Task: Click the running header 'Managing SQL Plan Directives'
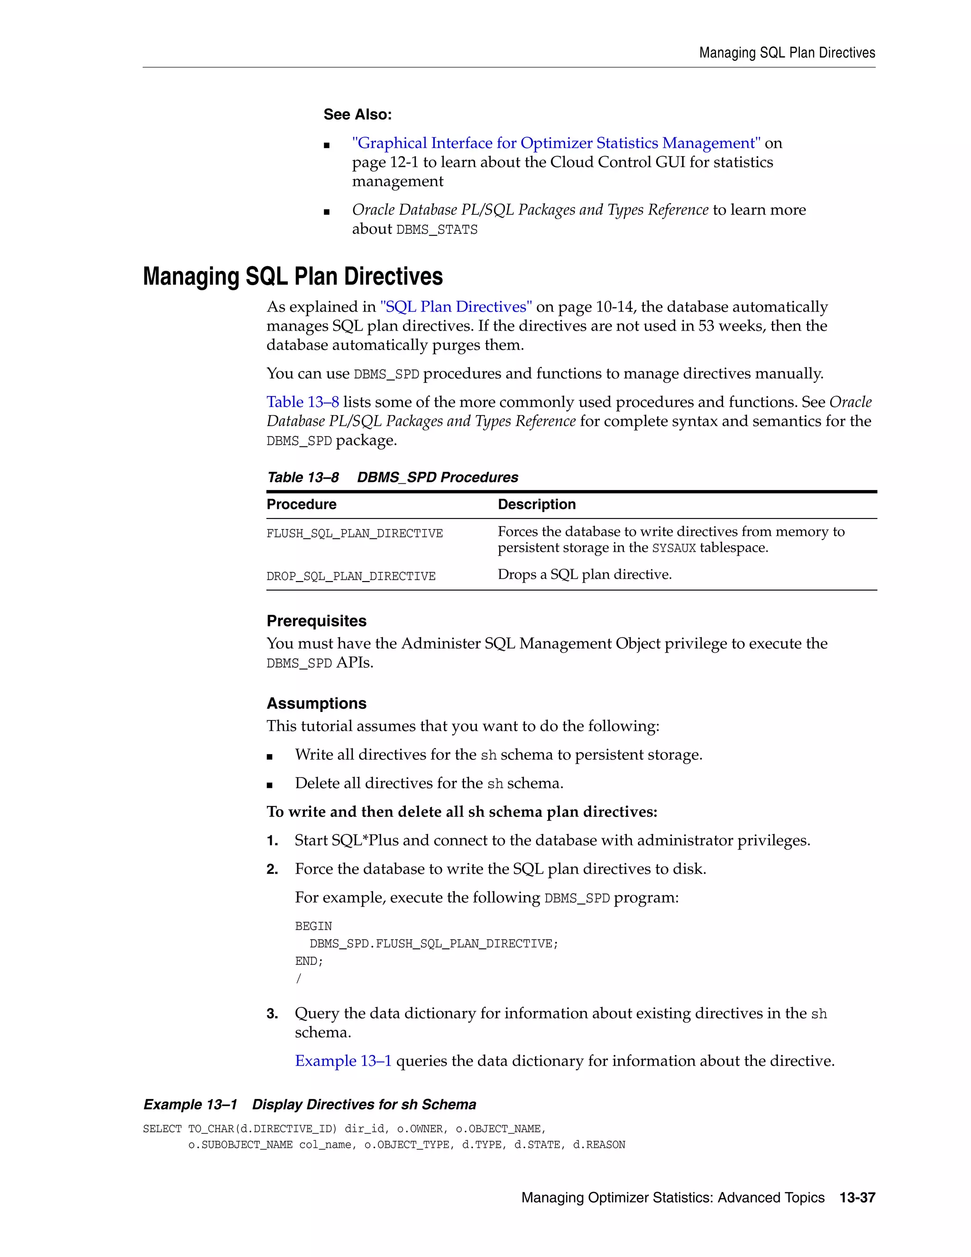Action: coord(787,53)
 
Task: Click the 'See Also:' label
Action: coord(357,114)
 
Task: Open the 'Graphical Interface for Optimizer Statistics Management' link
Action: coord(556,143)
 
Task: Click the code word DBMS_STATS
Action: coord(437,230)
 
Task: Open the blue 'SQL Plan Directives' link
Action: coord(456,307)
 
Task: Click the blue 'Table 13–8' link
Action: coord(302,402)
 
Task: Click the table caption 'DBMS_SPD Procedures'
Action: coord(437,477)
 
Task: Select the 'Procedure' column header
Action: coord(302,504)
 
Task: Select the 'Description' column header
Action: coord(536,504)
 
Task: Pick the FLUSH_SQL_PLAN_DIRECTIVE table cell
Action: coord(354,534)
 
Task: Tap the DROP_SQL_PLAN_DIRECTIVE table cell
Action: coord(351,576)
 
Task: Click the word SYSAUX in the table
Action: coord(674,548)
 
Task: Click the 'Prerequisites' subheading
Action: coord(316,621)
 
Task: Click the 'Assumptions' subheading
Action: coord(316,703)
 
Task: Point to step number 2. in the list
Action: coord(272,869)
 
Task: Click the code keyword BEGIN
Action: coord(313,926)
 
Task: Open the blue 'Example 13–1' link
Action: coord(343,1061)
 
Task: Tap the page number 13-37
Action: coord(857,1198)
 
